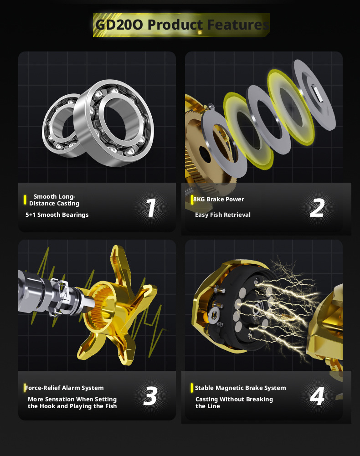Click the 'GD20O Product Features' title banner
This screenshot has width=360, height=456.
coord(181,25)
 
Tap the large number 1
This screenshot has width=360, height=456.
coord(151,208)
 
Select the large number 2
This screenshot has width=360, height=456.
coord(317,208)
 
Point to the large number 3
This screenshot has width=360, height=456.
coord(150,396)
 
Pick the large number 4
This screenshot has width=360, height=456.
coord(317,396)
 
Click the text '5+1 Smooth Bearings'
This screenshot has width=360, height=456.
coord(57,215)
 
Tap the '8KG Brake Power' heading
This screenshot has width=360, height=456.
coord(219,199)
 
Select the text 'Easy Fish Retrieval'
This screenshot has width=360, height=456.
coord(223,215)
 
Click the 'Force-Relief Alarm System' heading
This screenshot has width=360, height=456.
coord(64,388)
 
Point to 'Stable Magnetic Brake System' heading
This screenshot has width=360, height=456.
coord(241,388)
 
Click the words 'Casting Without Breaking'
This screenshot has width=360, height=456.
coord(234,400)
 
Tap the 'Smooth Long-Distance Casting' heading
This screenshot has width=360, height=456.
coord(54,200)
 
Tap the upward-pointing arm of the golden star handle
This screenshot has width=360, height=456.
coord(120,263)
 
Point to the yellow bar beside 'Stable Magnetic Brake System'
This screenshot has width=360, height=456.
coord(191,388)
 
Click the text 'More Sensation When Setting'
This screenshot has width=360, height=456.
coord(72,400)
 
